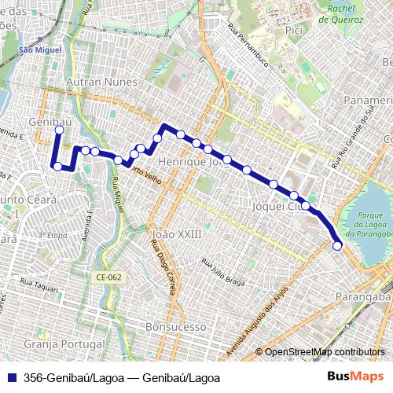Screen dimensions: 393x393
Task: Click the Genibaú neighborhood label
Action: [44, 123]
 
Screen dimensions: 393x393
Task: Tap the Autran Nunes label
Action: [101, 82]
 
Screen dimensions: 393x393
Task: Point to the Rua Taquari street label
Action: [39, 289]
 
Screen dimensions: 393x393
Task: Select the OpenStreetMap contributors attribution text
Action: [324, 352]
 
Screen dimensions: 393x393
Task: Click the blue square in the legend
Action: [11, 378]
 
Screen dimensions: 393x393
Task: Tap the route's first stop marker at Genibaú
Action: [59, 130]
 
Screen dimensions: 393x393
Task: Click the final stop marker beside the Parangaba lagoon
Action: [337, 246]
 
